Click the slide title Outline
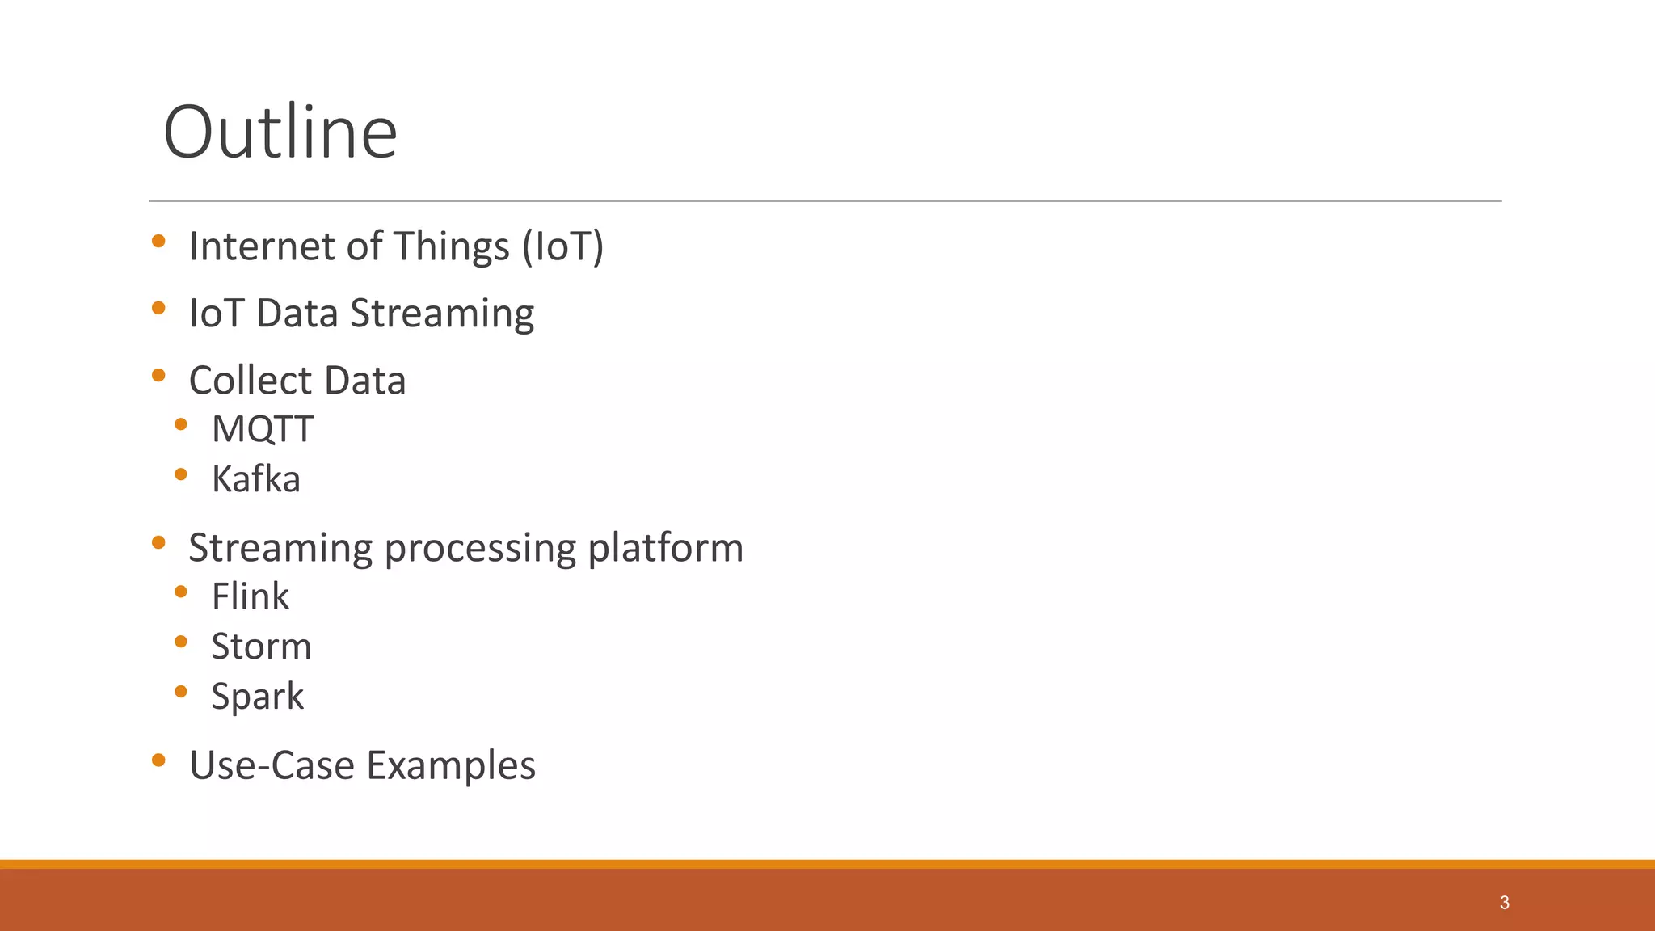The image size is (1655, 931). [280, 133]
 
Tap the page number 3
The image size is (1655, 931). [1504, 903]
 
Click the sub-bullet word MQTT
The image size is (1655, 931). [262, 429]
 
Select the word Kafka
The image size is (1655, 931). [255, 479]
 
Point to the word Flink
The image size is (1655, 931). [250, 596]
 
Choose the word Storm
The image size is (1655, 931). [261, 647]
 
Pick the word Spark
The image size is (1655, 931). [257, 697]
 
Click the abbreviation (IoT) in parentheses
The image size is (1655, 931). [562, 246]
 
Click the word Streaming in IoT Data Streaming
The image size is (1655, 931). [441, 314]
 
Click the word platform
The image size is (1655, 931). [665, 548]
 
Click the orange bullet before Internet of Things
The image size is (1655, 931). [158, 241]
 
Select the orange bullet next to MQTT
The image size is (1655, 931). [181, 424]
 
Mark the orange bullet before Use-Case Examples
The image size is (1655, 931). [158, 760]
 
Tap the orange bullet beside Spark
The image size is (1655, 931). [181, 692]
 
